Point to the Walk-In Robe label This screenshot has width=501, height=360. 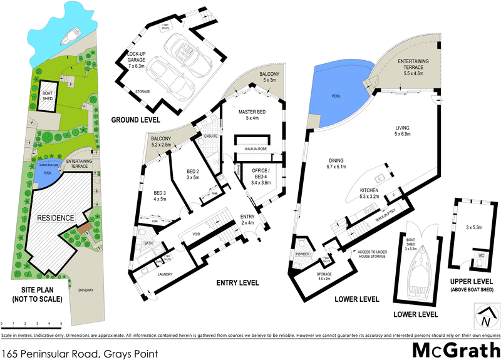[254, 148]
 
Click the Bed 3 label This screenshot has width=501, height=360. [159, 195]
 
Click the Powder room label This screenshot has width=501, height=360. [303, 254]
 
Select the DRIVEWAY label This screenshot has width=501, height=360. [85, 291]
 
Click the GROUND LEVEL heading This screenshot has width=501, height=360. [135, 119]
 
